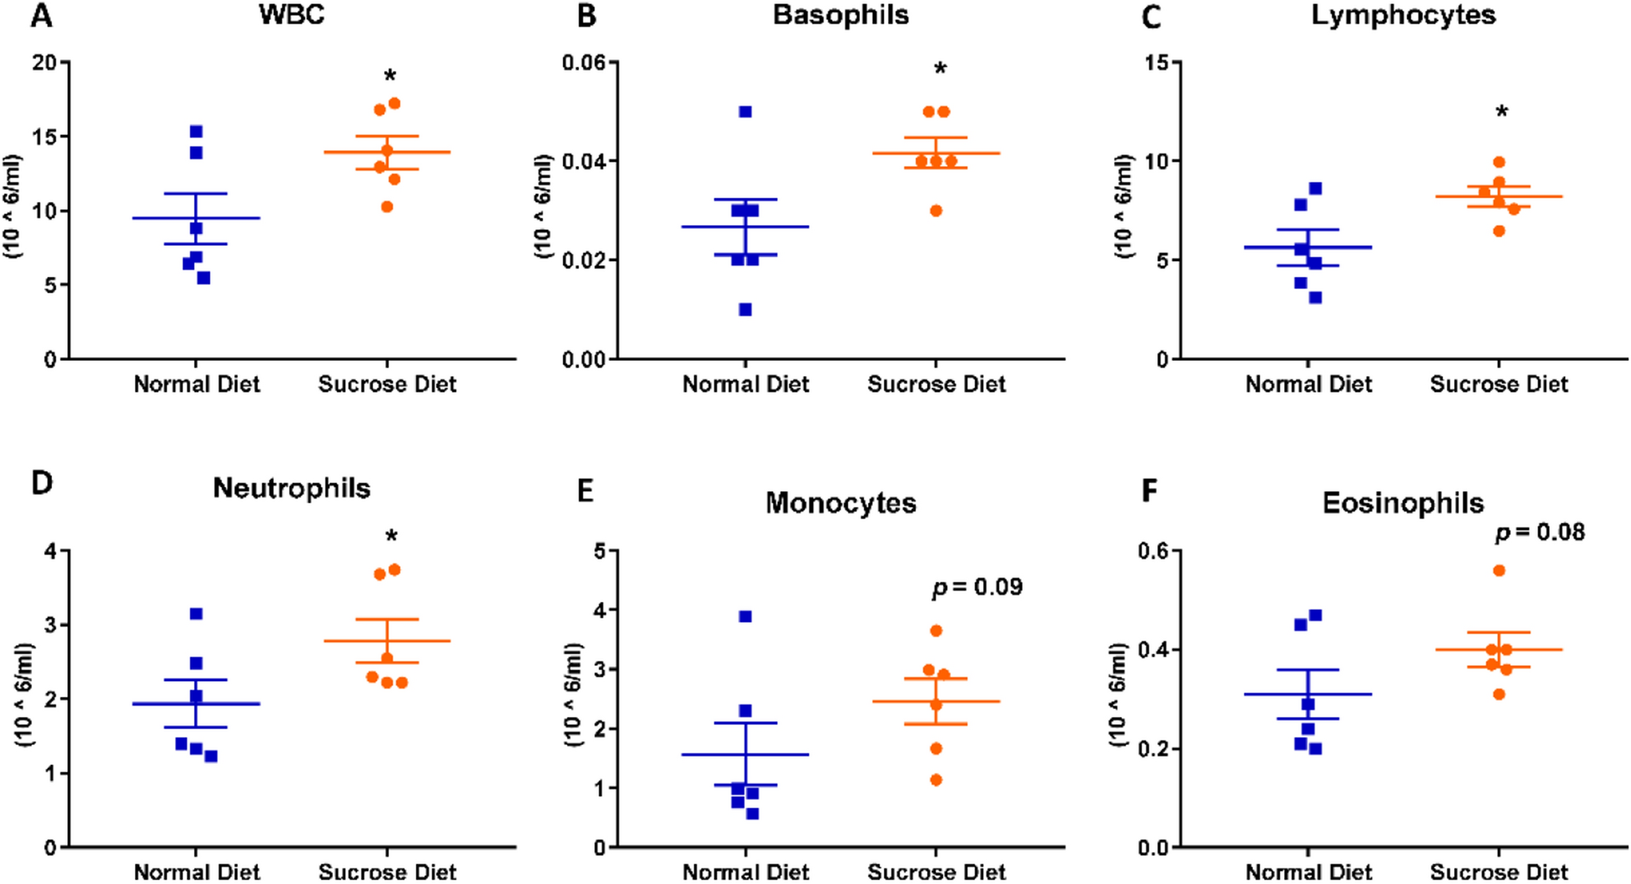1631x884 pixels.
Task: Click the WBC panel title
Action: tap(291, 15)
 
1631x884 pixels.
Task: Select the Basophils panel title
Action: tap(840, 15)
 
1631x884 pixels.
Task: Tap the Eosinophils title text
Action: tap(1402, 503)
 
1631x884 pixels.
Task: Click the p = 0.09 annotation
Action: tap(977, 587)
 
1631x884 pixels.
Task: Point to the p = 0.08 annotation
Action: tap(1539, 532)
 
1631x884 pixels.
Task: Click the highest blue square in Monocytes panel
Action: tap(745, 616)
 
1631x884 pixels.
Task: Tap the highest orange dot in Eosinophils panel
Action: tap(1499, 570)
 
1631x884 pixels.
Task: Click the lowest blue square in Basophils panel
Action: tap(745, 310)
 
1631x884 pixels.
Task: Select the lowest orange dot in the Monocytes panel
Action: tap(936, 780)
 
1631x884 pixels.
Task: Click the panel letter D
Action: tap(42, 483)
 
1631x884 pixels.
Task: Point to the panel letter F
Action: tap(1149, 491)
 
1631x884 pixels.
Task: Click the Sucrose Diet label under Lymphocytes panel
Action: tap(1498, 384)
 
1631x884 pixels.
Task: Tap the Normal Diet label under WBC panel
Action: tap(196, 384)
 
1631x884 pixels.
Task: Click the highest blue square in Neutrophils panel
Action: tap(196, 614)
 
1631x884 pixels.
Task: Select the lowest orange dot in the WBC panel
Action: tap(386, 206)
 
